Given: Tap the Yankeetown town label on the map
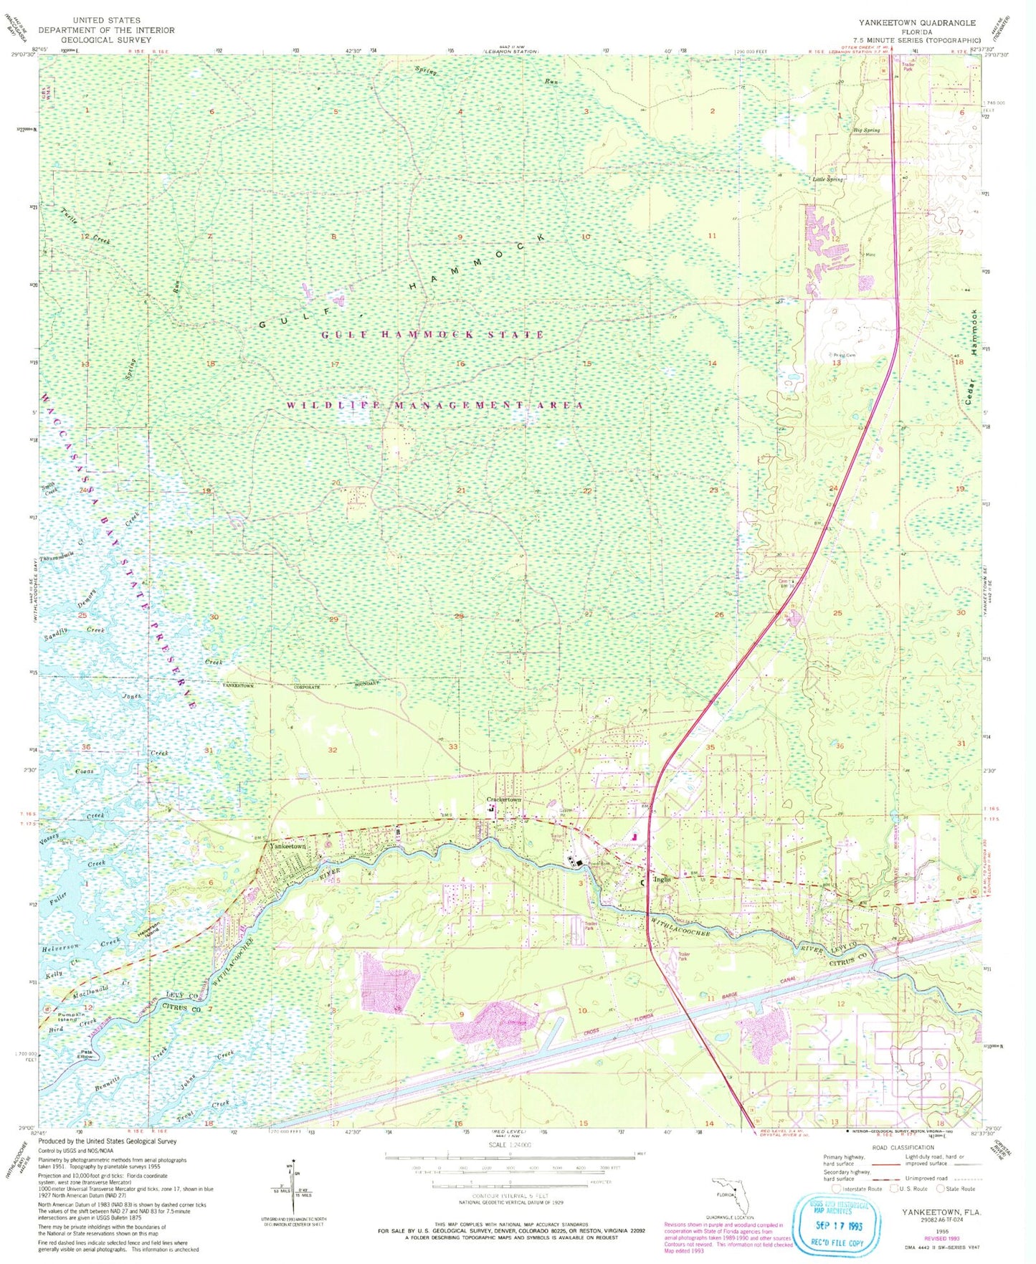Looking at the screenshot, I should (x=287, y=846).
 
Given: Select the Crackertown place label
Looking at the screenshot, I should (x=504, y=799).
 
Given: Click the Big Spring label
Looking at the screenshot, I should (x=866, y=130).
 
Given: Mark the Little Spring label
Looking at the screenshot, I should (x=827, y=179).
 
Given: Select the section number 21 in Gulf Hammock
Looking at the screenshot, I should (x=461, y=490).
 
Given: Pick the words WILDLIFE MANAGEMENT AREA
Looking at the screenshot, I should (x=434, y=406).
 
